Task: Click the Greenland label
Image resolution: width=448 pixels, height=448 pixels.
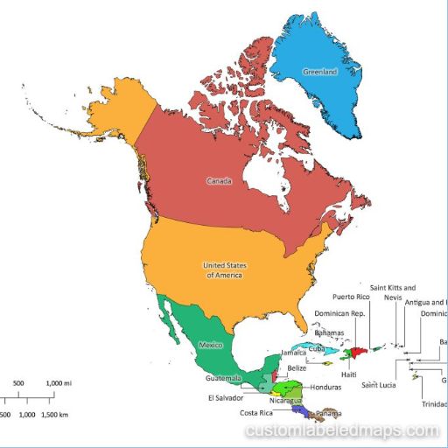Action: (319, 72)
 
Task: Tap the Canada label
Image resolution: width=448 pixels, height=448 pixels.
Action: (219, 181)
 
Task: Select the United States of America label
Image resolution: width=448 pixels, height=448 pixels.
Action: (222, 269)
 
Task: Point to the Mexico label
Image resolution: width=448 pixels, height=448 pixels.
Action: (211, 346)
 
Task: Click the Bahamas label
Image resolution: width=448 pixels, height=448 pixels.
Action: (329, 333)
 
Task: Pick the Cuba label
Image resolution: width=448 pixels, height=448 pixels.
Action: (316, 348)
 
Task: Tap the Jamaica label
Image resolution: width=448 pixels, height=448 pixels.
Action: (294, 353)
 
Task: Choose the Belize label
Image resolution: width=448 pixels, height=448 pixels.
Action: (297, 368)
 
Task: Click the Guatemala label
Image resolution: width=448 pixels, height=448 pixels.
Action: (223, 378)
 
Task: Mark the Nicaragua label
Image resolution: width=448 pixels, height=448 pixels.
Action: (285, 401)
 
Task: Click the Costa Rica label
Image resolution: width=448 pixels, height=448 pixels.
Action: (255, 413)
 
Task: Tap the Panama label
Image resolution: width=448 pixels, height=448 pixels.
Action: (329, 413)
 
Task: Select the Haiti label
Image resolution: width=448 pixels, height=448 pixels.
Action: (349, 374)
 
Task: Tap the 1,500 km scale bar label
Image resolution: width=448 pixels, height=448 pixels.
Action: (55, 414)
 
